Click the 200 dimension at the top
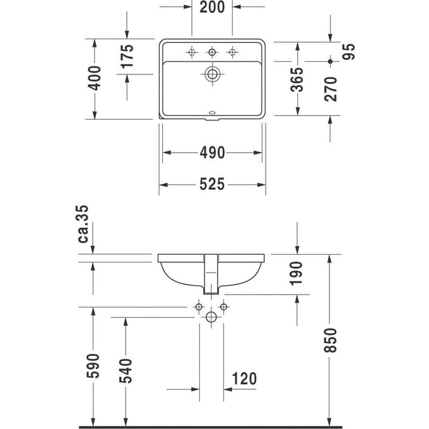[x=212, y=7]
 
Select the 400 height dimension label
[x=95, y=78]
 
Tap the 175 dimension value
[x=127, y=56]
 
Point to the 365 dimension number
[x=297, y=79]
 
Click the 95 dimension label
[x=348, y=52]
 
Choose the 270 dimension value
[x=331, y=89]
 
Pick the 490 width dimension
[x=213, y=153]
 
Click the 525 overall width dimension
[x=212, y=184]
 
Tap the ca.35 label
[x=83, y=224]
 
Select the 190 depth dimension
[x=297, y=274]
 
